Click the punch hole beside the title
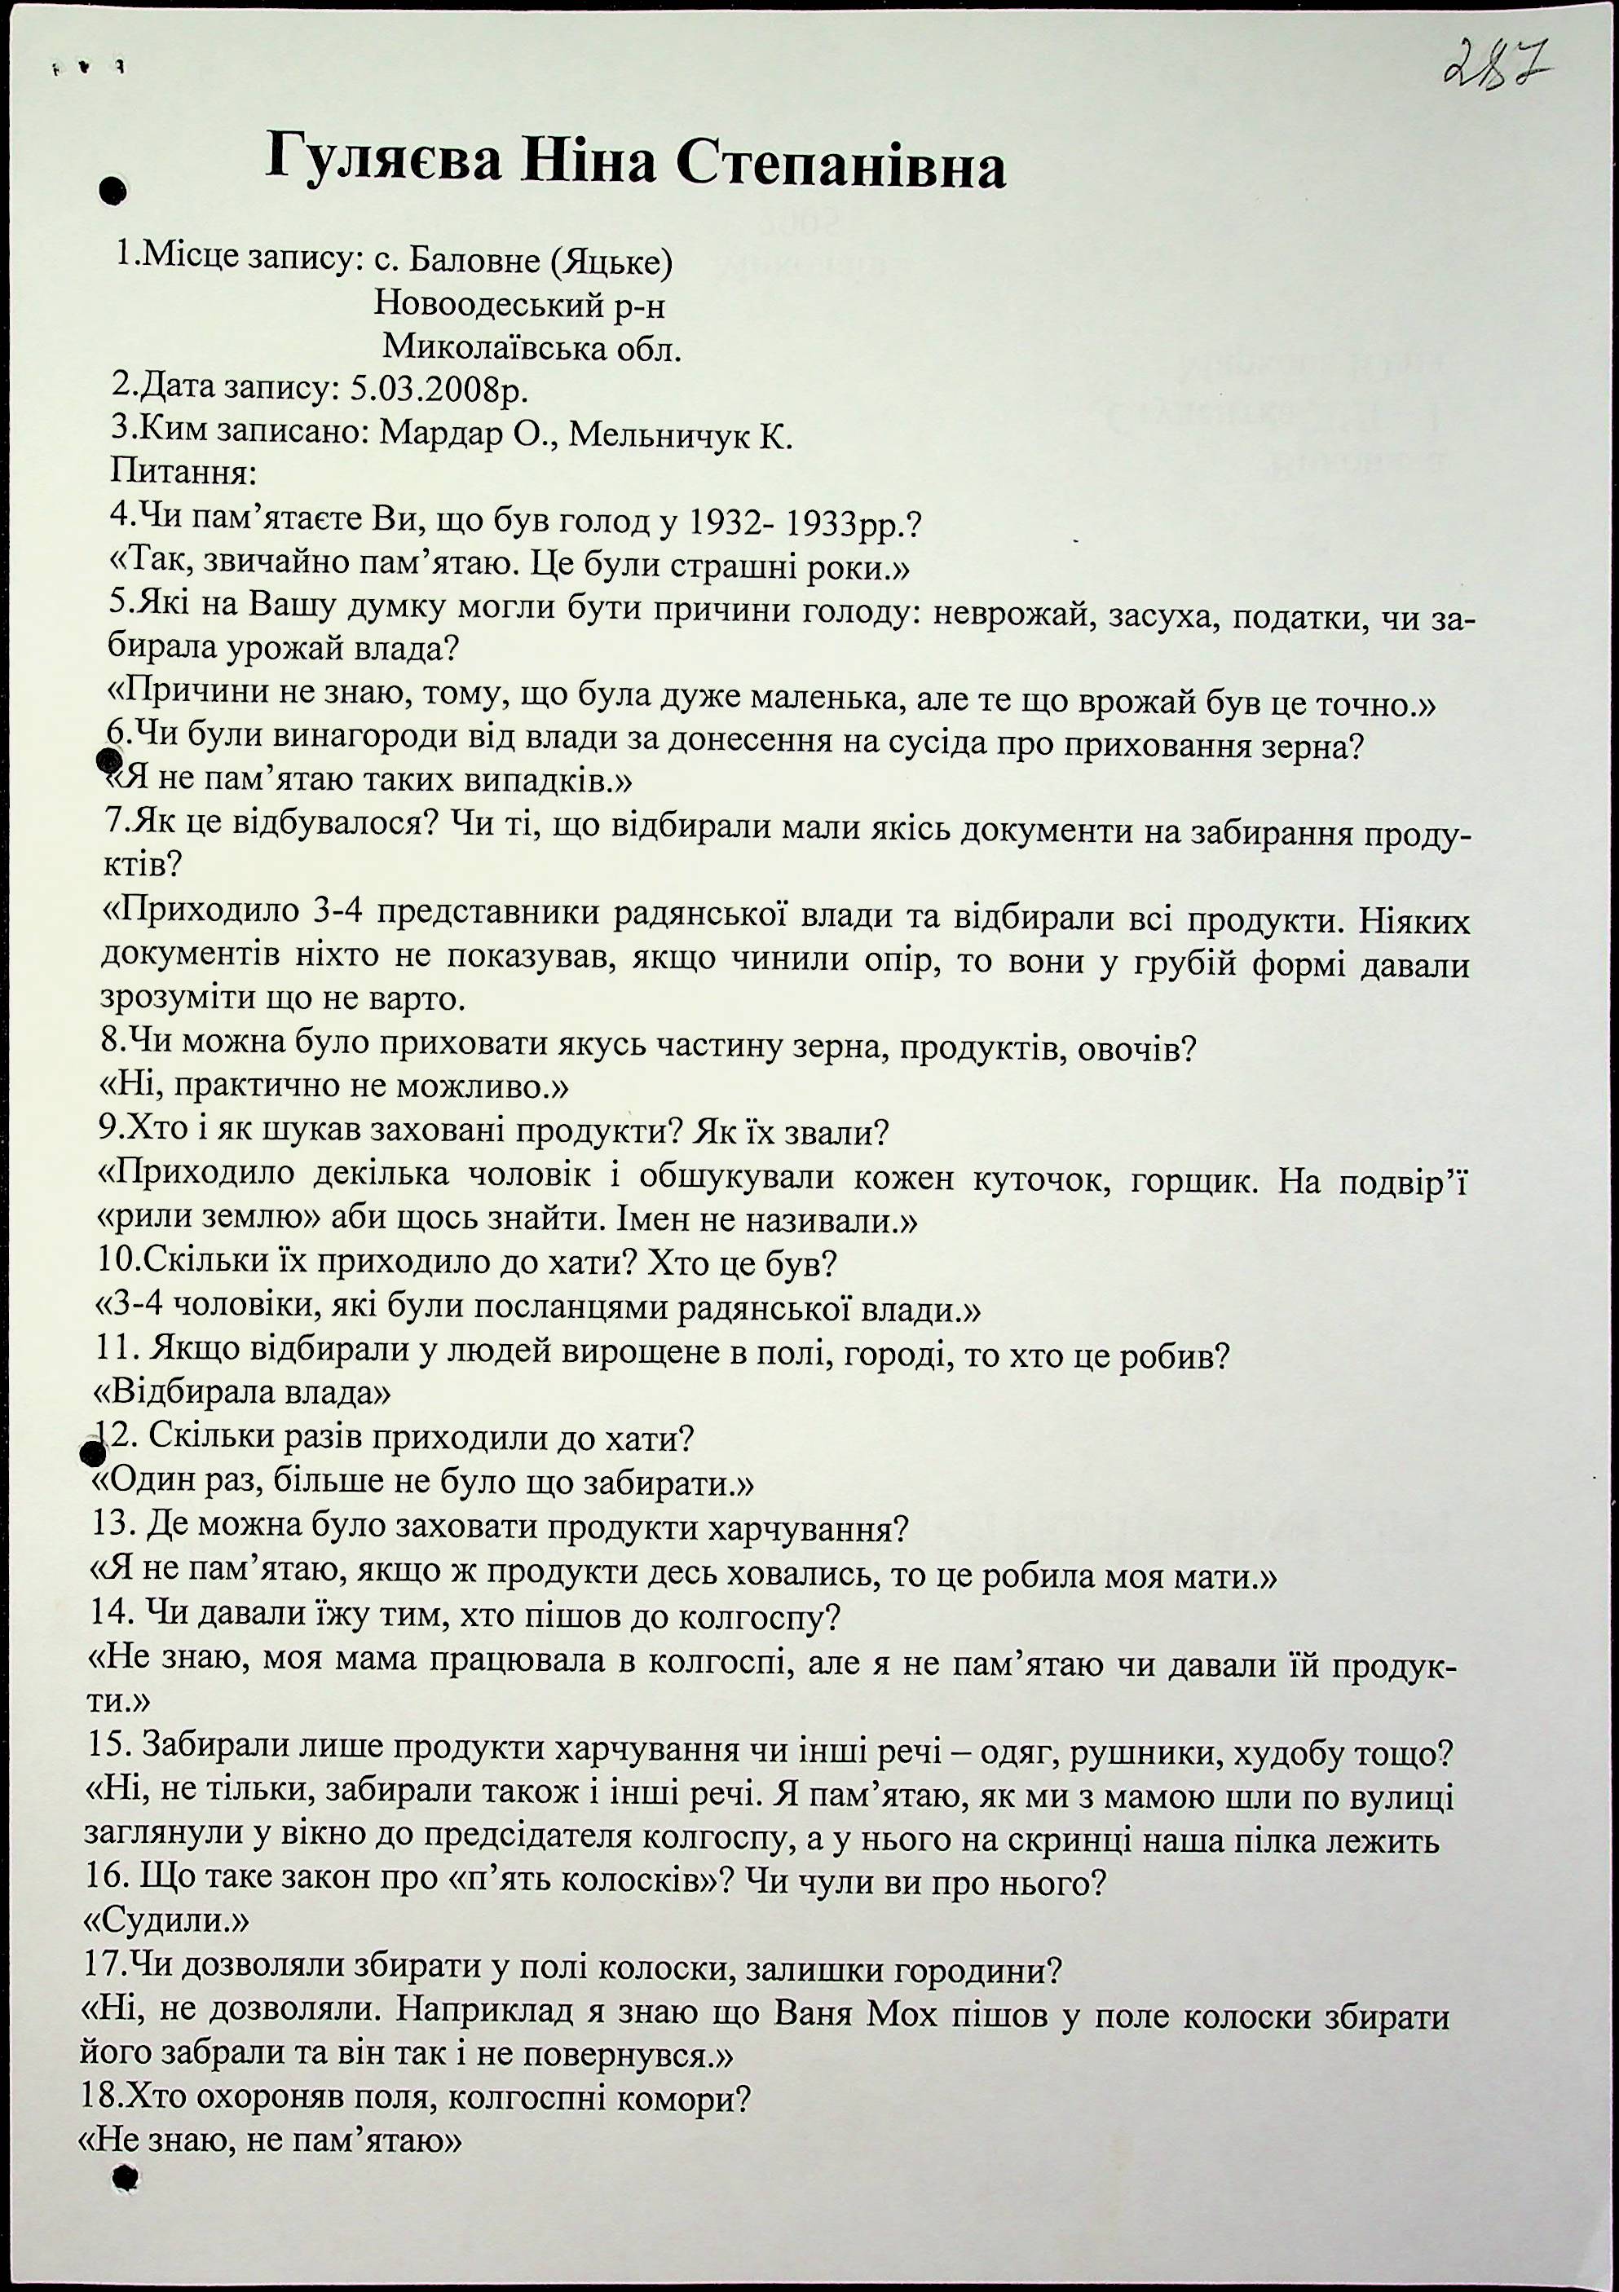pyautogui.click(x=112, y=192)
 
